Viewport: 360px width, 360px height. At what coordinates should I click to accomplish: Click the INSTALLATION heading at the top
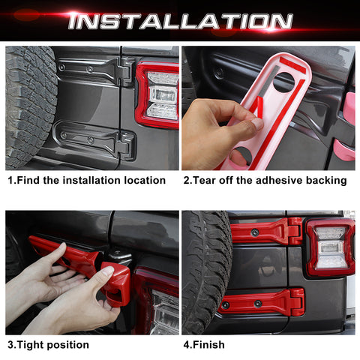tap(180, 20)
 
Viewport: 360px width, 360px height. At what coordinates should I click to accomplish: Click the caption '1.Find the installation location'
tap(86, 180)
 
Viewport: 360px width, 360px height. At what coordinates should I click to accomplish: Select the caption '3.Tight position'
tap(49, 345)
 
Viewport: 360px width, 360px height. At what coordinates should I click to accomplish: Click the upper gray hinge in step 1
tap(97, 71)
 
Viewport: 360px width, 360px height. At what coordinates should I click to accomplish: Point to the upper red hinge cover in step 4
tap(266, 231)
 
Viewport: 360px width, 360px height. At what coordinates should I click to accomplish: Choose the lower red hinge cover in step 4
tap(262, 301)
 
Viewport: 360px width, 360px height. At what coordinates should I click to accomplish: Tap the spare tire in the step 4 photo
tap(204, 270)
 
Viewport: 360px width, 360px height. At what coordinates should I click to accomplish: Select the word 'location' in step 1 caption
tap(142, 180)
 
